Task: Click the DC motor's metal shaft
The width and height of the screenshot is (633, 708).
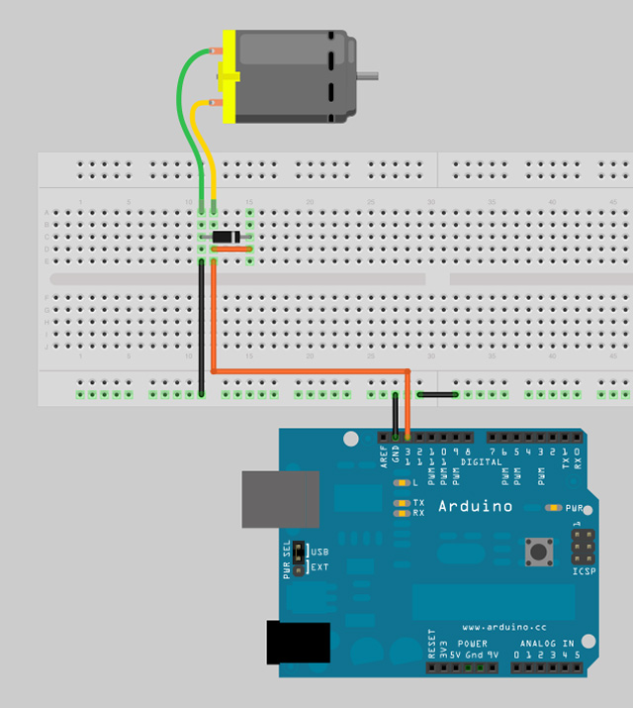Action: [367, 74]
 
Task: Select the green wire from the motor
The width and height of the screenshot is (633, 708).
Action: [182, 109]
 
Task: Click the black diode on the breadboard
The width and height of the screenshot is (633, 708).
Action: [226, 237]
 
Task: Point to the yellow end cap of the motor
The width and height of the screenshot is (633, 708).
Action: [228, 77]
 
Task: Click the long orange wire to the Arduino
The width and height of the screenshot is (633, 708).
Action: [307, 371]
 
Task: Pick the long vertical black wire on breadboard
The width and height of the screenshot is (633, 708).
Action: [202, 327]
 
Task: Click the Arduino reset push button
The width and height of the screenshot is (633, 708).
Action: [539, 551]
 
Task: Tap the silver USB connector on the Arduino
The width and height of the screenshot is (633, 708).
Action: [281, 499]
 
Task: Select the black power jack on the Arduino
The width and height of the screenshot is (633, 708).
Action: [298, 642]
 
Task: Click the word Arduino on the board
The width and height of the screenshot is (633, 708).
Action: [476, 507]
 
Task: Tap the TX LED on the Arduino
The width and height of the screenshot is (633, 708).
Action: [402, 503]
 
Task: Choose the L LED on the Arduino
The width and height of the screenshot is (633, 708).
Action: [402, 483]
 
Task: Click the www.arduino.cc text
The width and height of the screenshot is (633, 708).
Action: [503, 627]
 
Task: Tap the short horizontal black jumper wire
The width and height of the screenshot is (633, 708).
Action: [436, 394]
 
